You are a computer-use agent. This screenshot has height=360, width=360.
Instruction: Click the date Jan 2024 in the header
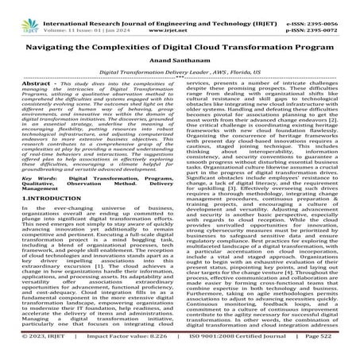107,15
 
